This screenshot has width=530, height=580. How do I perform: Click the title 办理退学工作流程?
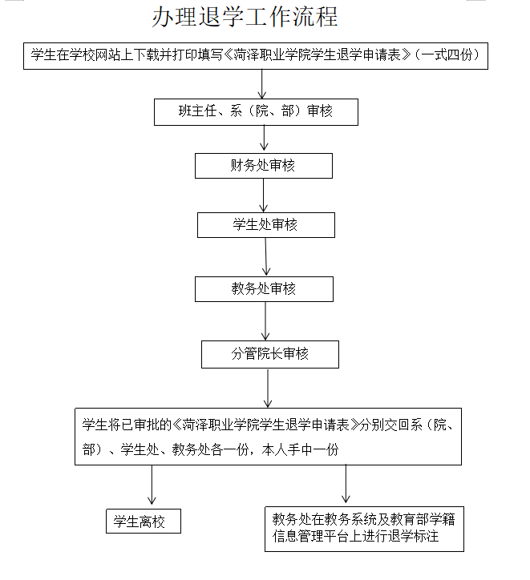pos(245,17)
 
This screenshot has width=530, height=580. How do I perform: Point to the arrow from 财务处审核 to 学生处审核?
pos(264,195)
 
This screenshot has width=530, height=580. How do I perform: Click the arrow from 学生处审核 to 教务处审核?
pos(265,257)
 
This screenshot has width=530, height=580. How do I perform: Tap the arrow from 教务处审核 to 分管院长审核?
pos(265,321)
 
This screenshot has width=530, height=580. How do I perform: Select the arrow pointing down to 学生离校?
pos(152,485)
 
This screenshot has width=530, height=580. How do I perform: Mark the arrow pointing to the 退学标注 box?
pos(346,484)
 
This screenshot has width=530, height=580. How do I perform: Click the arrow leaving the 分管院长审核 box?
pos(268,389)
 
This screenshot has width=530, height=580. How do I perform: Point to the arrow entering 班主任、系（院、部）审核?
pos(262,84)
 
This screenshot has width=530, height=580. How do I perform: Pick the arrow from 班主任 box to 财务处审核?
pos(264,138)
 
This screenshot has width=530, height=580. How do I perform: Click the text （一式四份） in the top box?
pos(447,54)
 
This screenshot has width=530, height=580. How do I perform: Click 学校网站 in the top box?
pos(95,54)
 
